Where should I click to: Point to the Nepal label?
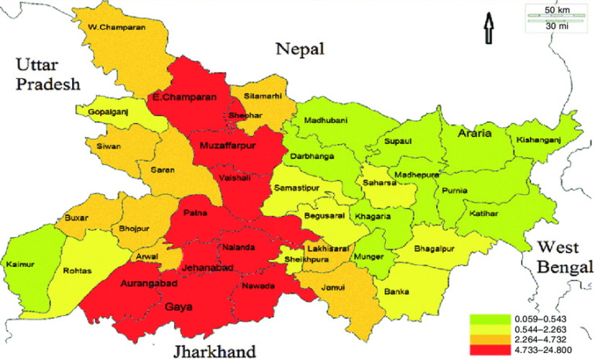pyautogui.click(x=300, y=50)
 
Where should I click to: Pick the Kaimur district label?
pyautogui.click(x=20, y=265)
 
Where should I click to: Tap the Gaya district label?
pyautogui.click(x=175, y=307)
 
